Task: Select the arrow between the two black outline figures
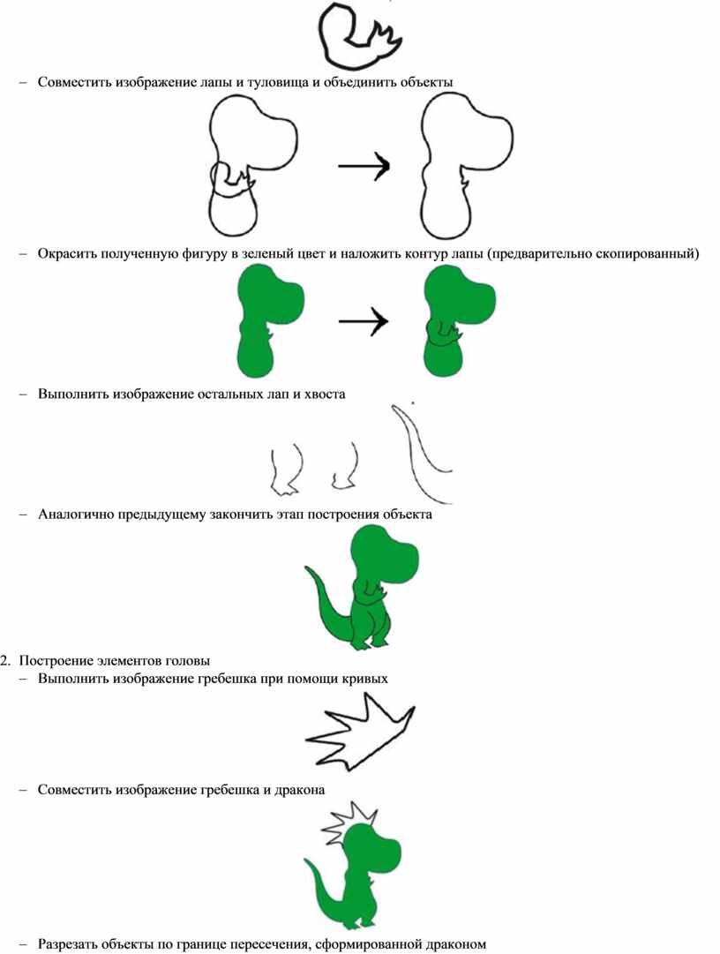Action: [364, 165]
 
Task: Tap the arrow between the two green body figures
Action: [363, 320]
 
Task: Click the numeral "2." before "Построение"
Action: [7, 661]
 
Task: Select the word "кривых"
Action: [366, 679]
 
